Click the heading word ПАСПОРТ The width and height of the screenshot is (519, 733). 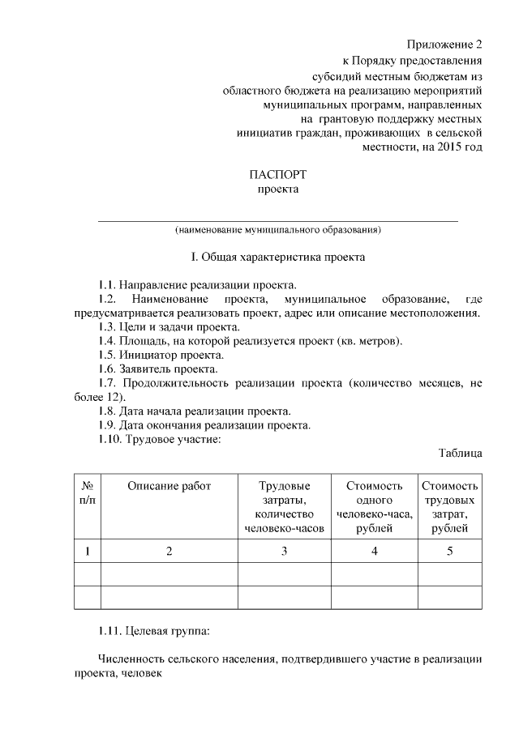(278, 174)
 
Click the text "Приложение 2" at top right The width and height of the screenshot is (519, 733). (444, 43)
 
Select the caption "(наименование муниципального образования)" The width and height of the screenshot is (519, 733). (278, 230)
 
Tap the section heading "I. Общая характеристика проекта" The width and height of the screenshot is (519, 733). (278, 258)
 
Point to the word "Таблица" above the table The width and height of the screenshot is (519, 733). (461, 452)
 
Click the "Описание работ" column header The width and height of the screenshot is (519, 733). (169, 486)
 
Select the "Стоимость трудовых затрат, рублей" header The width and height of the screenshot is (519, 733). (449, 507)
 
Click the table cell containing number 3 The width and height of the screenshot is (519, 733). (285, 552)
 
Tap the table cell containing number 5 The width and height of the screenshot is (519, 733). (449, 552)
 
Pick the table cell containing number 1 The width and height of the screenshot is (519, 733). (87, 552)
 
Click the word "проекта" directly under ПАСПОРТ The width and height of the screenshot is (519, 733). (278, 190)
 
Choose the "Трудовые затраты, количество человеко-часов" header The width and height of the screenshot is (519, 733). (285, 507)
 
